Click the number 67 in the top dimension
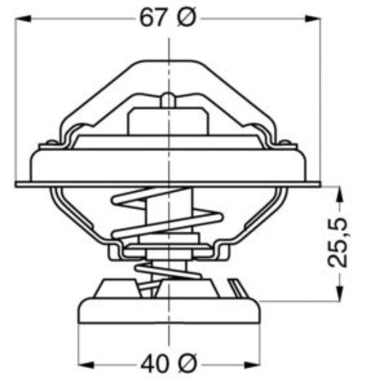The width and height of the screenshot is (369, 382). click(x=154, y=20)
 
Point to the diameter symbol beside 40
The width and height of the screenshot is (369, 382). click(x=187, y=361)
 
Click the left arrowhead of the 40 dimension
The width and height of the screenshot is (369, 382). click(x=84, y=361)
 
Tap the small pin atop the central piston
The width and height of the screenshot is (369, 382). click(x=168, y=99)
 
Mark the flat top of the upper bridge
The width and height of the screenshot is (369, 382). click(x=168, y=65)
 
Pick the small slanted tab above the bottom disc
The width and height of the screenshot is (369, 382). click(x=236, y=286)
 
